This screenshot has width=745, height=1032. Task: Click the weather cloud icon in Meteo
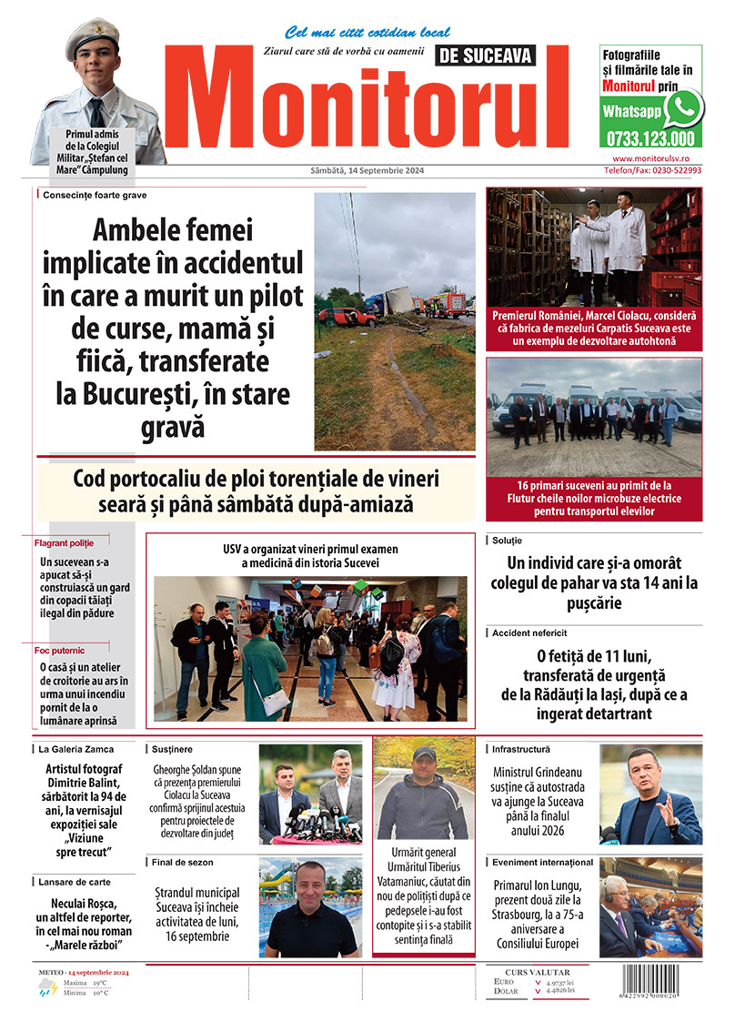click(47, 990)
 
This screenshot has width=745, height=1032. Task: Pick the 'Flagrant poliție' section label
click(64, 542)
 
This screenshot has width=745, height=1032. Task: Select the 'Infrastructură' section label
click(521, 749)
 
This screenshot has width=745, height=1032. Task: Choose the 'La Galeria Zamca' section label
click(76, 749)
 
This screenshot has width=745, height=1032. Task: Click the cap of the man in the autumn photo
click(423, 754)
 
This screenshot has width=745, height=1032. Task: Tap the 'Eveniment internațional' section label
click(542, 861)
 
